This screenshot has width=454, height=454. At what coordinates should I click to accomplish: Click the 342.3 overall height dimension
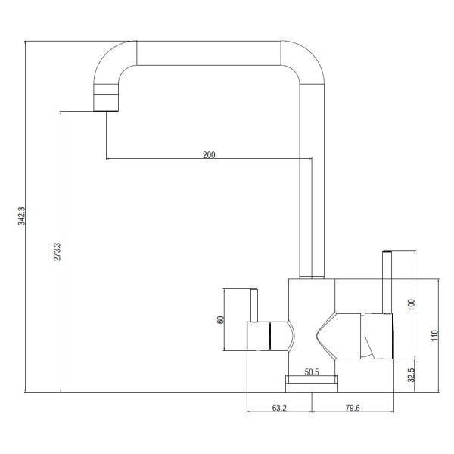[x=22, y=216]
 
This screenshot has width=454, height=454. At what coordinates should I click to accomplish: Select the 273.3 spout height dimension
[x=57, y=252]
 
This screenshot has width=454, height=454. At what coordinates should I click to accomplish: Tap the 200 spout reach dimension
[x=209, y=155]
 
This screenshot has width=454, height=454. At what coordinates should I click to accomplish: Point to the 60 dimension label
[x=220, y=319]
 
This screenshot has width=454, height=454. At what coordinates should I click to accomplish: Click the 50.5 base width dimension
[x=312, y=372]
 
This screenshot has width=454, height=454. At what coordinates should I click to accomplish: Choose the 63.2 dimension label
[x=279, y=408]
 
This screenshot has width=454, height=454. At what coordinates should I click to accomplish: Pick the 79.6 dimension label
[x=353, y=408]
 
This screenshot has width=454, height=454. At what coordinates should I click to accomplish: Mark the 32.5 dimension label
[x=411, y=375]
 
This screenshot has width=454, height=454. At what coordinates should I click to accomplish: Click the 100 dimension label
[x=411, y=305]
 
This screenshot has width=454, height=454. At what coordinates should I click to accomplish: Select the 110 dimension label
[x=435, y=335]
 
